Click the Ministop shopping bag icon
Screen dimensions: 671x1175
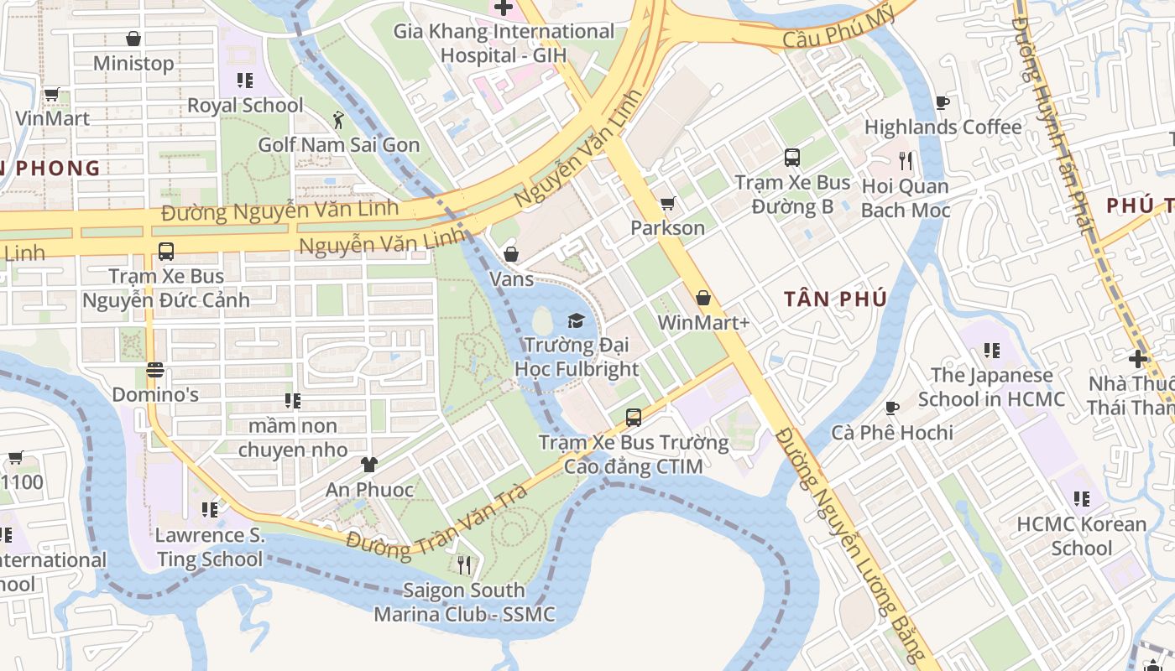click(x=133, y=39)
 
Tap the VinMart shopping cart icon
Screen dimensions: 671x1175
click(x=51, y=94)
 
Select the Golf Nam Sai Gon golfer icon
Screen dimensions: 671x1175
click(x=338, y=120)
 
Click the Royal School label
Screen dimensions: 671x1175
click(x=245, y=106)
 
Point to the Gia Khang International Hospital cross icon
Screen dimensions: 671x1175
click(x=504, y=8)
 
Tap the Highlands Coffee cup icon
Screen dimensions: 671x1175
click(x=943, y=102)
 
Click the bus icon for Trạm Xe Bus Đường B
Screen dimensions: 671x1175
click(x=792, y=158)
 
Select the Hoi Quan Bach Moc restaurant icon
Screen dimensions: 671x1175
click(x=906, y=161)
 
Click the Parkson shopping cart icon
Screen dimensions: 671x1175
click(x=668, y=203)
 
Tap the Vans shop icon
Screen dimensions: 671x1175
click(x=510, y=254)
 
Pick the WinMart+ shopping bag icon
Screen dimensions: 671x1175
click(x=703, y=298)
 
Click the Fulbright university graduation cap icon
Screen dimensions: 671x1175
click(x=576, y=320)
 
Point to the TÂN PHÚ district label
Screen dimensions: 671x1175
click(x=835, y=299)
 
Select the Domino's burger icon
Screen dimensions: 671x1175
click(x=154, y=369)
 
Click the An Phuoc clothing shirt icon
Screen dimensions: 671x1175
click(x=369, y=464)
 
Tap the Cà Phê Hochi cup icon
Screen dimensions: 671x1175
click(x=892, y=408)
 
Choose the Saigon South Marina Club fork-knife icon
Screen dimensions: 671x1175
click(x=463, y=565)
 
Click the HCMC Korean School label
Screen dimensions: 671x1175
click(x=1081, y=536)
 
